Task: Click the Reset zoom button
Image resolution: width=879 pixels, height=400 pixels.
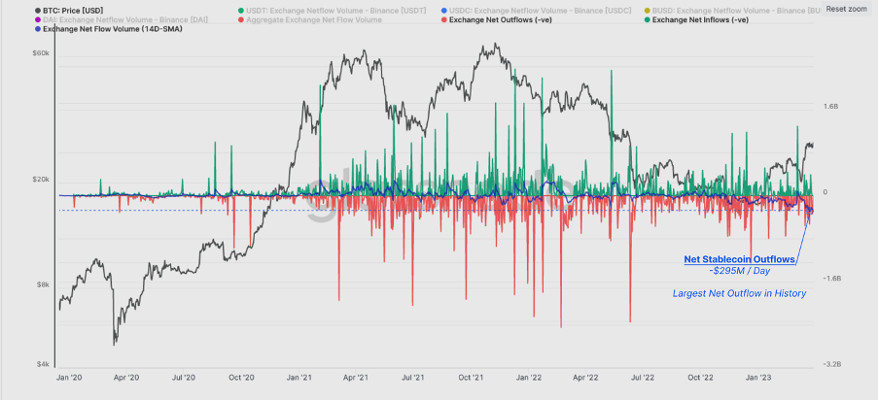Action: click(846, 9)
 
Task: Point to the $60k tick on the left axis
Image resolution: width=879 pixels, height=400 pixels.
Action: click(40, 53)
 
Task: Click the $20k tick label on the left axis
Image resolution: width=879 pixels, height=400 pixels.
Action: click(40, 180)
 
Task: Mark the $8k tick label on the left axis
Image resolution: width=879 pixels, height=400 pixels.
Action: click(42, 284)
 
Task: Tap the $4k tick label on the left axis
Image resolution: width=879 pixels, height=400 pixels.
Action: click(42, 364)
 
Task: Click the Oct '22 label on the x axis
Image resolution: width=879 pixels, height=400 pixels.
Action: click(701, 377)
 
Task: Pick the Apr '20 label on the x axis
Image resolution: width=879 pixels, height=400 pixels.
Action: click(126, 377)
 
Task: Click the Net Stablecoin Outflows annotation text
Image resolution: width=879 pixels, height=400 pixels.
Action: click(740, 259)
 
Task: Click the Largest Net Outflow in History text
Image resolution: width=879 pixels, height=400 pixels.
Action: click(739, 293)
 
